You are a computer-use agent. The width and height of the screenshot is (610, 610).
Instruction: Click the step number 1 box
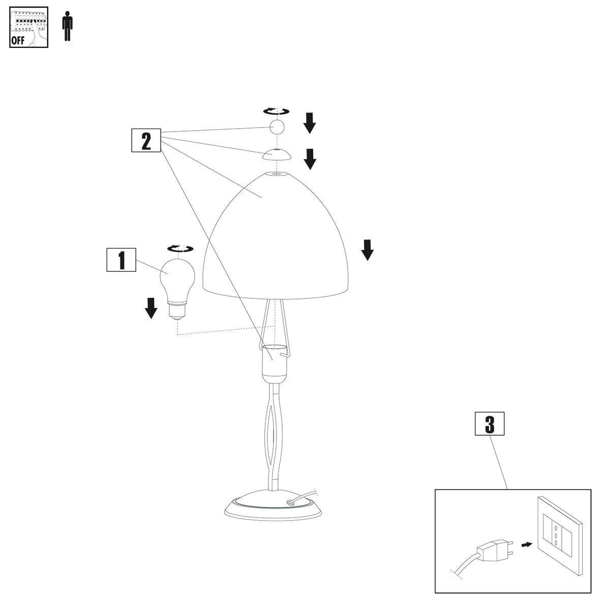(x=121, y=261)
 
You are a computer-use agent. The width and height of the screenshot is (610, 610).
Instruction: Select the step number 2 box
(x=146, y=141)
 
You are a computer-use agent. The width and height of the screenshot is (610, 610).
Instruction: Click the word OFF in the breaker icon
(x=18, y=41)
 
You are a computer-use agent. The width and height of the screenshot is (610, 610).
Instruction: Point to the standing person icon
(x=67, y=27)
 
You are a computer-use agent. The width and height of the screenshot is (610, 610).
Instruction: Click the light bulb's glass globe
(x=177, y=277)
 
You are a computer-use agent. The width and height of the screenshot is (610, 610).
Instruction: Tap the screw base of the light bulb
(x=177, y=310)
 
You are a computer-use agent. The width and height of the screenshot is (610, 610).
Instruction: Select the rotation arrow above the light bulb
(x=180, y=249)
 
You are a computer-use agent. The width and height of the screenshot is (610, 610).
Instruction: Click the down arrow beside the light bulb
(x=150, y=308)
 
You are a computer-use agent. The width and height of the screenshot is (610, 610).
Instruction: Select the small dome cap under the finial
(x=277, y=155)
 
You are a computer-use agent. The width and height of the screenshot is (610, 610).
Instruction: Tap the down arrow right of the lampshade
(x=368, y=250)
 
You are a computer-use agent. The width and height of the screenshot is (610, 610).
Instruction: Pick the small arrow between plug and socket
(x=527, y=545)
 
